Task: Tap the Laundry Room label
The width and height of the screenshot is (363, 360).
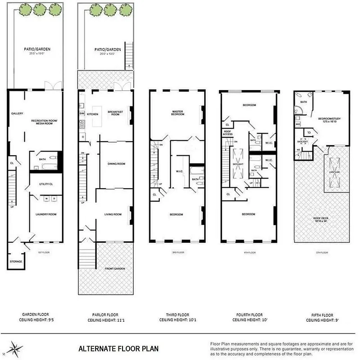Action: (46, 214)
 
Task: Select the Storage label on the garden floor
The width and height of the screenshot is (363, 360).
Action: (16, 261)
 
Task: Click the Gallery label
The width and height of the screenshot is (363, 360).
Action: (17, 113)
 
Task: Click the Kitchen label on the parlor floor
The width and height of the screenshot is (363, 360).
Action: (92, 114)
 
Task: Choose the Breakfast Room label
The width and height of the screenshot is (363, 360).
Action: (115, 113)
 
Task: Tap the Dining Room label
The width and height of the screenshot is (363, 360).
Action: (116, 164)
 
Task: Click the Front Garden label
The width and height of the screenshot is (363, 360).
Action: (116, 269)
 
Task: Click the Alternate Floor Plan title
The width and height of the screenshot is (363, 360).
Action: (118, 348)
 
